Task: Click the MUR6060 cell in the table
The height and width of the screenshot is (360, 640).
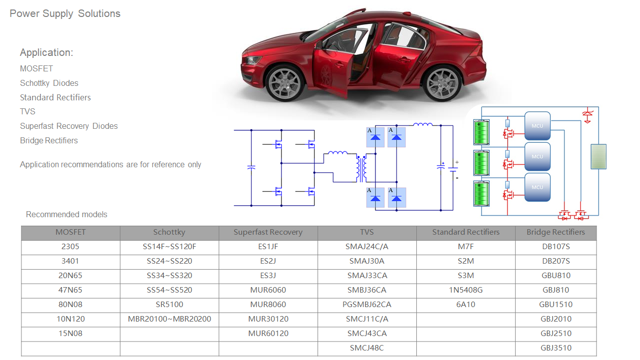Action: [268, 290]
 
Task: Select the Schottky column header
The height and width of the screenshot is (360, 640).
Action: [169, 232]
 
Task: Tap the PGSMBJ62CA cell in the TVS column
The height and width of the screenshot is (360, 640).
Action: [367, 305]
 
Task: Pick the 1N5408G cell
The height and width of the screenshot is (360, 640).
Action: [466, 290]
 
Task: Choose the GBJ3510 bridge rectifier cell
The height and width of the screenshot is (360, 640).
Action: [556, 348]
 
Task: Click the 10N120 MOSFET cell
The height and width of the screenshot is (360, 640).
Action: [70, 319]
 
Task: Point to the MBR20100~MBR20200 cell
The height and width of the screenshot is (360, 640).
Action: [169, 319]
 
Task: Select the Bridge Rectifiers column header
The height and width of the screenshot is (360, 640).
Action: [556, 232]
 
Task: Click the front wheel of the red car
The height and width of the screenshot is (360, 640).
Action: [285, 83]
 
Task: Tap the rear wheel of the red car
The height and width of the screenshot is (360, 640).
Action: [442, 83]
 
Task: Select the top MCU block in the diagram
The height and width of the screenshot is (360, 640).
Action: [538, 126]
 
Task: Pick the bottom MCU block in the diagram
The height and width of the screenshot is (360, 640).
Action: [538, 187]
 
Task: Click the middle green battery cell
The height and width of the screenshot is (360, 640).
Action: [481, 163]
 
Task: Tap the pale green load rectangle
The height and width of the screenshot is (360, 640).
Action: [599, 157]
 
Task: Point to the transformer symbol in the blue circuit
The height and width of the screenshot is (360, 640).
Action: [361, 169]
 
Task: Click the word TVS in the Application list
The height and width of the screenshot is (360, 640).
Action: [28, 111]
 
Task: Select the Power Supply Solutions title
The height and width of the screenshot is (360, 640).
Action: [65, 13]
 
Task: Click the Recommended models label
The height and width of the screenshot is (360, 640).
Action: [66, 214]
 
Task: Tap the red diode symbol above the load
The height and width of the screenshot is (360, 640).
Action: [588, 115]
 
